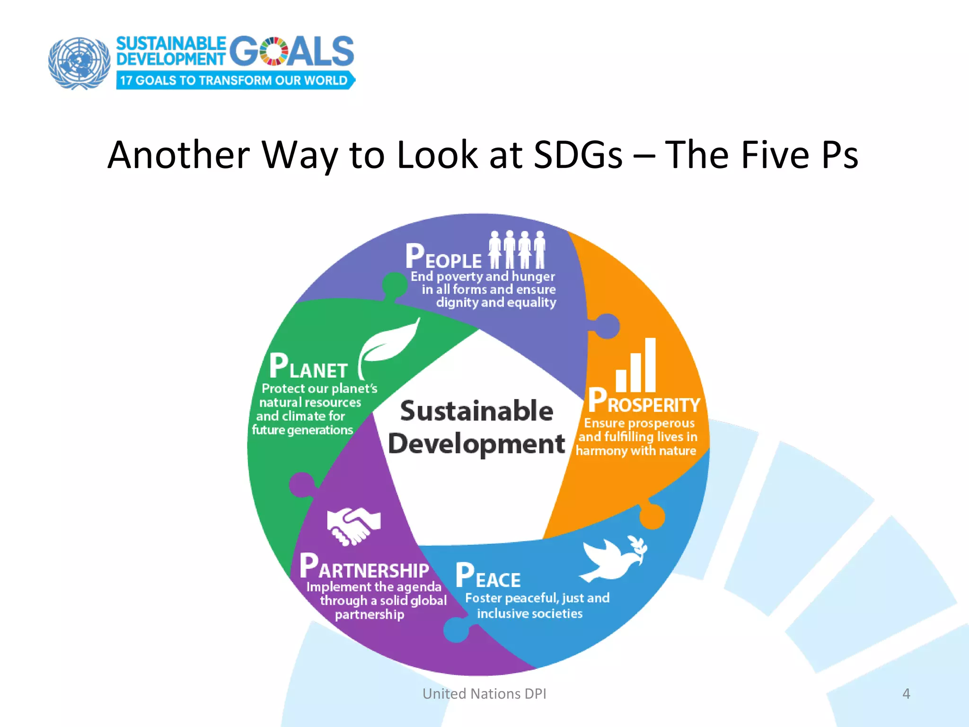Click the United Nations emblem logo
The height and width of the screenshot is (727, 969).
tap(79, 63)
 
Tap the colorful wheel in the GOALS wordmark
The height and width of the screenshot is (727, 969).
tap(274, 51)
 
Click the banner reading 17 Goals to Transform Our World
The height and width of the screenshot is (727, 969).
tap(235, 80)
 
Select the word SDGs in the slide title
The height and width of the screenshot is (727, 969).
tap(578, 155)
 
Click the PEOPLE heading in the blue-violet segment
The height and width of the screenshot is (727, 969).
tap(443, 257)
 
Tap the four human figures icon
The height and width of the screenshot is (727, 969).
tap(517, 249)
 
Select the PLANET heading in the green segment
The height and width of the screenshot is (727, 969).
tap(308, 367)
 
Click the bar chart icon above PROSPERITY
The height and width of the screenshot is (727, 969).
tap(636, 365)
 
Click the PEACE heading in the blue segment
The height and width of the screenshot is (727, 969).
tap(488, 576)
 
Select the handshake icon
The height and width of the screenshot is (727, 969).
tap(353, 525)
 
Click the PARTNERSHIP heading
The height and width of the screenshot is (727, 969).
tap(364, 567)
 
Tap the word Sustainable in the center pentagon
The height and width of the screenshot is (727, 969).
tap(476, 411)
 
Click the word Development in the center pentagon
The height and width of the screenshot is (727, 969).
tap(476, 444)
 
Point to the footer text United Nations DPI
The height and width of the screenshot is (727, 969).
tap(484, 693)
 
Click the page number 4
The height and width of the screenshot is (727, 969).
tap(906, 693)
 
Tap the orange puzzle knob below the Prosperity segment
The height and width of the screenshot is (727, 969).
tap(652, 516)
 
